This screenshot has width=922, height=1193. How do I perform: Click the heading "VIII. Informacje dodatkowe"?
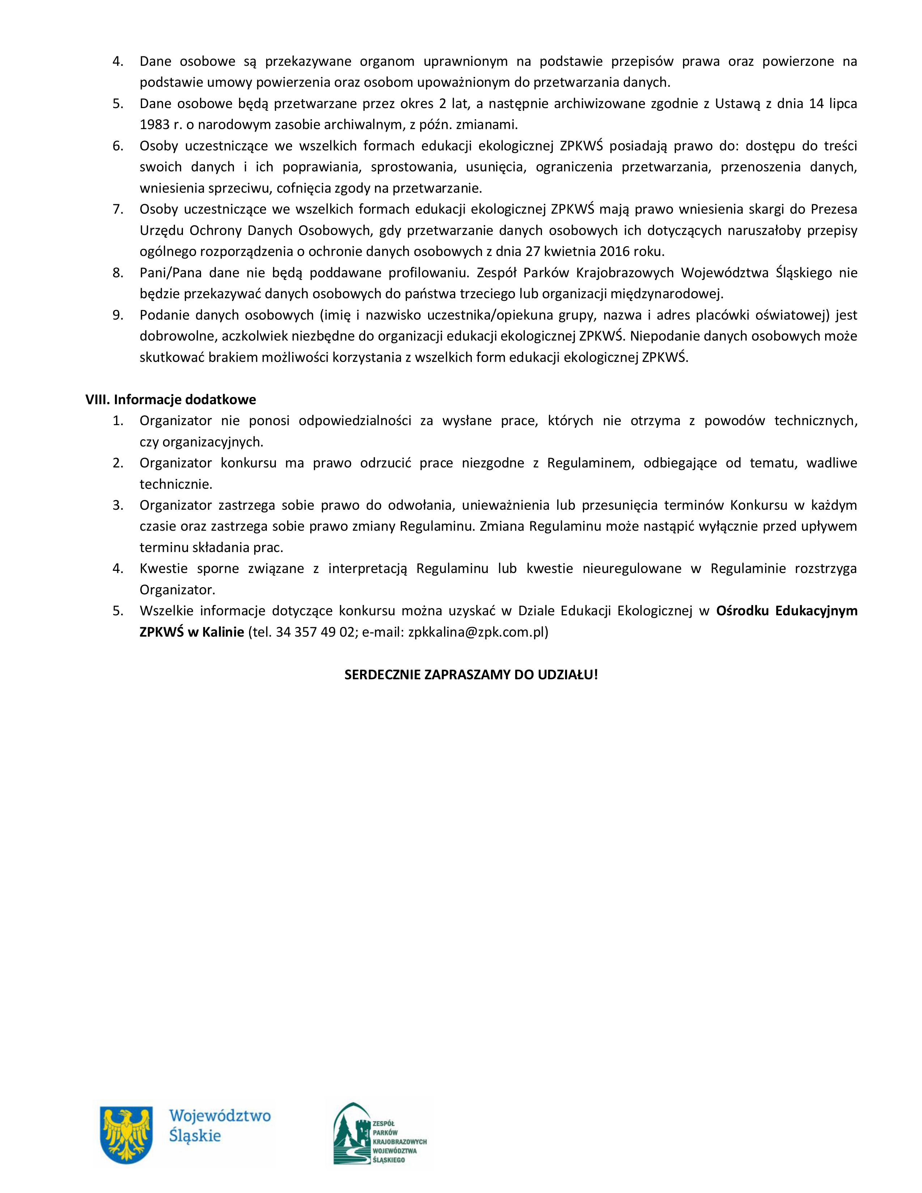(x=170, y=399)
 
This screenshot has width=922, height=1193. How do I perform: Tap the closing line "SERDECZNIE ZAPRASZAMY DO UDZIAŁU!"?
(x=471, y=674)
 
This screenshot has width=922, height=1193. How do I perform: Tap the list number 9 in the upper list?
(x=118, y=315)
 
